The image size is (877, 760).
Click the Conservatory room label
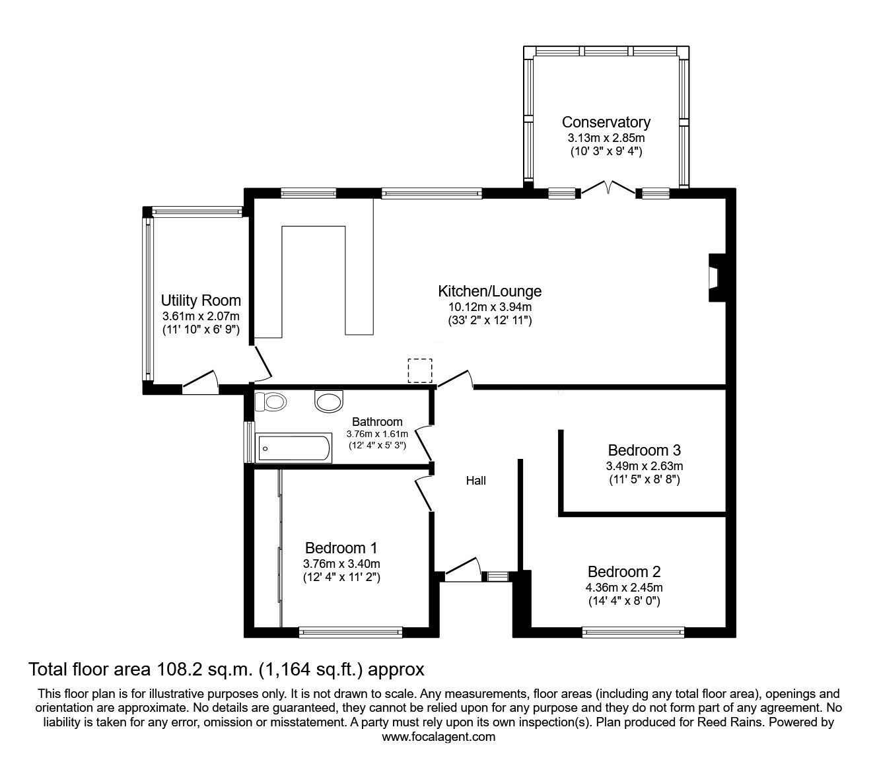pos(606,122)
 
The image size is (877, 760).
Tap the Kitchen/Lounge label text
pos(489,291)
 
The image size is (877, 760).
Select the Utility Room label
pos(201,301)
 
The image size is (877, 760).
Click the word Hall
pos(475,481)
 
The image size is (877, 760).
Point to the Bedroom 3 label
pos(644,450)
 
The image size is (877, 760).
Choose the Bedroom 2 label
pos(624,572)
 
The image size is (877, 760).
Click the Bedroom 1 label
pos(341,548)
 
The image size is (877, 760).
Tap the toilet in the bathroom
pos(271,401)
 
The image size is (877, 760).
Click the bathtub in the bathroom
pos(293,448)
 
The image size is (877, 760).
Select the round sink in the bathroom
pos(330,400)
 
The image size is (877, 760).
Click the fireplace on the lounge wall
pos(715,271)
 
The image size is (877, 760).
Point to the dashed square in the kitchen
pos(419,370)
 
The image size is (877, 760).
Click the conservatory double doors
pos(608,190)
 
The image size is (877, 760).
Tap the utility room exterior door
pos(199,383)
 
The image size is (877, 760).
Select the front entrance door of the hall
pos(462,569)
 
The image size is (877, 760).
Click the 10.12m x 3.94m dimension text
pos(489,306)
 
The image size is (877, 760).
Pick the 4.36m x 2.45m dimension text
pos(624,587)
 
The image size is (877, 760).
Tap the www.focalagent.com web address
pos(438,737)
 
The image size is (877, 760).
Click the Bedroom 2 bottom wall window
pos(633,632)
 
